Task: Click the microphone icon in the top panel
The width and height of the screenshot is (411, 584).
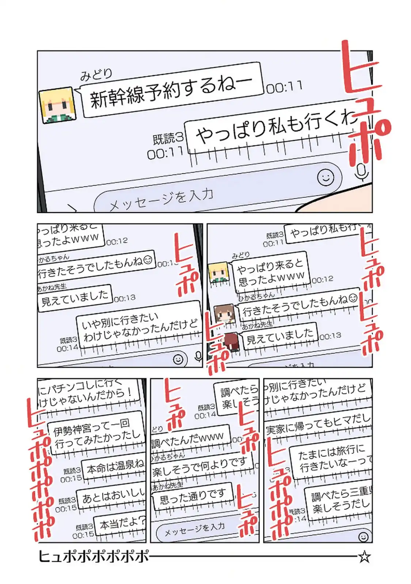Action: click(362, 172)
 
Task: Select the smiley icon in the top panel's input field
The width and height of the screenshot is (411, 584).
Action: click(325, 177)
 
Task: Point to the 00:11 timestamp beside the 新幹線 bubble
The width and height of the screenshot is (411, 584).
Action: click(284, 87)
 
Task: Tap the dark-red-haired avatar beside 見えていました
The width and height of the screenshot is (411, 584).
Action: click(231, 341)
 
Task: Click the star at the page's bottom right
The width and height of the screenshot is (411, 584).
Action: click(364, 557)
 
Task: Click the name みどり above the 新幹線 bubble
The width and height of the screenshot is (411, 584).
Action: click(96, 74)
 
